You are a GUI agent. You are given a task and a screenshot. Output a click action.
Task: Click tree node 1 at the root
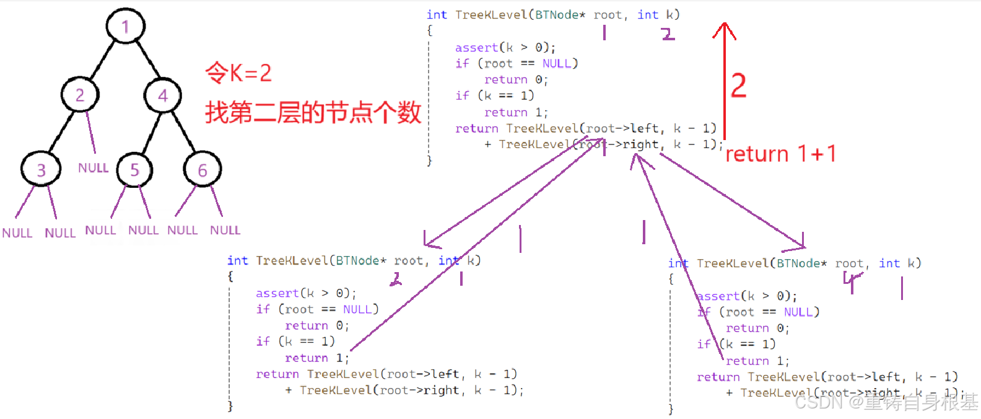125,27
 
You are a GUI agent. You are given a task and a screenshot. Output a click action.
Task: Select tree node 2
80,95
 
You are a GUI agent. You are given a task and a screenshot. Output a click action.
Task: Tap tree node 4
163,95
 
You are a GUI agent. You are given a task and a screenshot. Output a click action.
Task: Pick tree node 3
41,170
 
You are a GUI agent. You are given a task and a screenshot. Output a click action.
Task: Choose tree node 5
134,170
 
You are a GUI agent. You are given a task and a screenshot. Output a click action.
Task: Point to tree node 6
202,170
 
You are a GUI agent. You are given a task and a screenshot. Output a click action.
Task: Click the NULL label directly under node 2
93,168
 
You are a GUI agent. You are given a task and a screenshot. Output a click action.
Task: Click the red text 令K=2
238,73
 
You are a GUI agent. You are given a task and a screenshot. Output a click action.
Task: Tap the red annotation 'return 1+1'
780,154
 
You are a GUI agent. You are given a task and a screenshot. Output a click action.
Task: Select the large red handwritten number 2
738,86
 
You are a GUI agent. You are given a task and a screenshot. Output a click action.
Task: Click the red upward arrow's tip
724,25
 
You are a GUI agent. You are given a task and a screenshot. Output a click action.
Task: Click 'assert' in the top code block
476,48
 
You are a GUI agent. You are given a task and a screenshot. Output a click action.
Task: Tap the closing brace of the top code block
429,161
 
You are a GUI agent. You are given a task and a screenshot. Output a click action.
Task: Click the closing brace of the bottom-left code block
230,406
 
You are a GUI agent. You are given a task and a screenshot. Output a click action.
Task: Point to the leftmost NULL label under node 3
17,233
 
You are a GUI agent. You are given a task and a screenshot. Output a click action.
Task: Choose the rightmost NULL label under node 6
225,230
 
